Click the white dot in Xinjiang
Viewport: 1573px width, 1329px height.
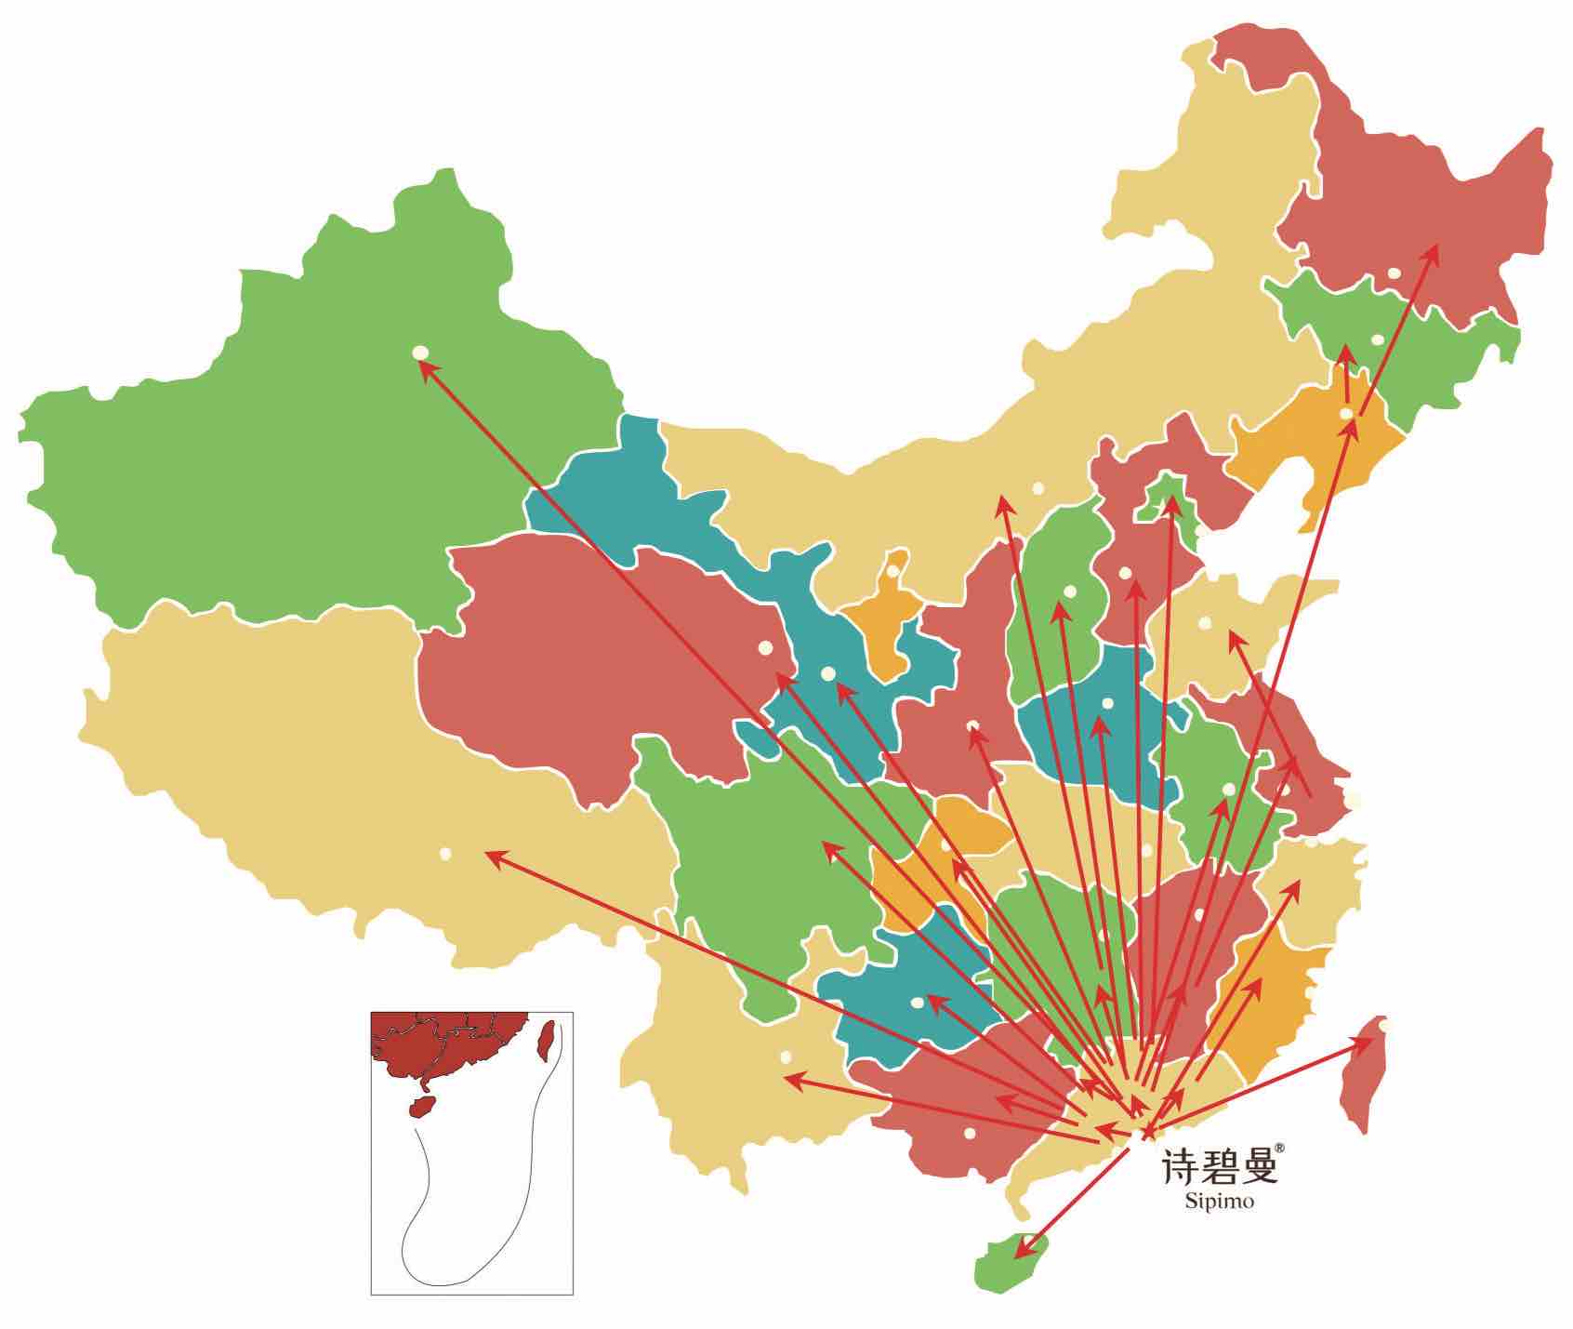pyautogui.click(x=420, y=352)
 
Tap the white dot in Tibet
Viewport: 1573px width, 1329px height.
pyautogui.click(x=445, y=853)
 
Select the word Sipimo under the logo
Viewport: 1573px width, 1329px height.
pyautogui.click(x=1220, y=1201)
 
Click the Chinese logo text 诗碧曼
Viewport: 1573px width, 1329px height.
pyautogui.click(x=1218, y=1166)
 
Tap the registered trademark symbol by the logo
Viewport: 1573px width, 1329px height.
pyautogui.click(x=1279, y=1149)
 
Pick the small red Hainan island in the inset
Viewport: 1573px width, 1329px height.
pyautogui.click(x=423, y=1107)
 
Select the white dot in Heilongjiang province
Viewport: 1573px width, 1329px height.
pyautogui.click(x=1394, y=272)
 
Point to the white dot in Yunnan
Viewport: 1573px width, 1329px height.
pyautogui.click(x=786, y=1057)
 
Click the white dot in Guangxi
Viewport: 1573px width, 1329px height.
pyautogui.click(x=970, y=1133)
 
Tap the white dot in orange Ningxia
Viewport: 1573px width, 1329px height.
pyautogui.click(x=892, y=571)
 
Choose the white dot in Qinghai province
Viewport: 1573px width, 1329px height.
pyautogui.click(x=765, y=646)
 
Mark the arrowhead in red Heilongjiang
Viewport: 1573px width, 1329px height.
pyautogui.click(x=1433, y=252)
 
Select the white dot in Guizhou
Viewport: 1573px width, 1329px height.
pyautogui.click(x=918, y=1002)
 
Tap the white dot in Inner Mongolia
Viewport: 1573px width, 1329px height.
pyautogui.click(x=1038, y=487)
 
